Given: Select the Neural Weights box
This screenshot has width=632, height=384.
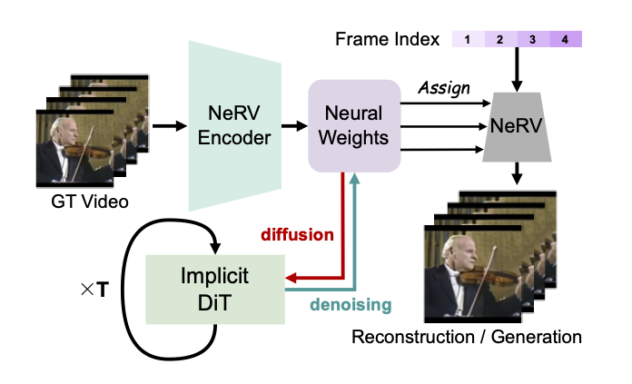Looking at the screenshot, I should click(x=354, y=124).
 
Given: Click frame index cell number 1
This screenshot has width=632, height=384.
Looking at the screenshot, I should click(x=468, y=39).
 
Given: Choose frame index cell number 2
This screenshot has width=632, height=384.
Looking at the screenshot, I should click(x=499, y=39).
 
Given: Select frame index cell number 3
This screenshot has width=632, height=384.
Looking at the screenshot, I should click(x=532, y=39).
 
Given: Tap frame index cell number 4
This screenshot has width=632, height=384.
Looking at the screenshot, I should click(x=564, y=39).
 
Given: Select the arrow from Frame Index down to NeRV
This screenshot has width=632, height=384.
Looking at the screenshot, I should click(x=518, y=68).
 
